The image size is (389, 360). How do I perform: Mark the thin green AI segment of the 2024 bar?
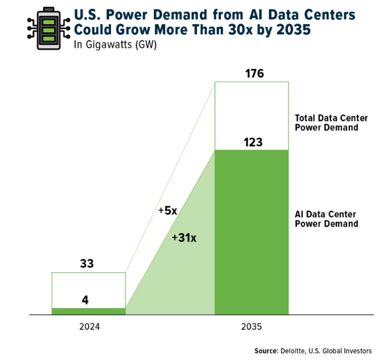88,311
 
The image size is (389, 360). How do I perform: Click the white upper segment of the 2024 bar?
88,286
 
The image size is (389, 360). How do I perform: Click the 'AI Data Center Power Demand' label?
326,219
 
